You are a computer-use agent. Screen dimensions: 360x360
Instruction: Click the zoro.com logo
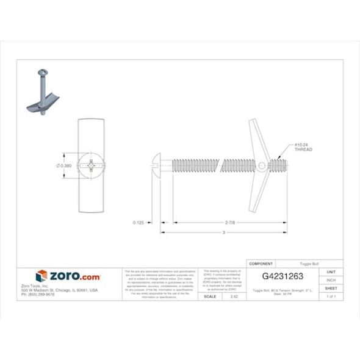point(68,276)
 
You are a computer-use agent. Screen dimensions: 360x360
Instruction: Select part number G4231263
point(283,276)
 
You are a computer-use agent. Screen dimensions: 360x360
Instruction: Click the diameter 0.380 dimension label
point(64,165)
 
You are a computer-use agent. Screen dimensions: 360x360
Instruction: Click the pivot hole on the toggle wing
point(261,165)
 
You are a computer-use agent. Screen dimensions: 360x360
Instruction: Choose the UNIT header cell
point(331,272)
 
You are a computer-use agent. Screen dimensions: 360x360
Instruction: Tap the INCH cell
point(331,280)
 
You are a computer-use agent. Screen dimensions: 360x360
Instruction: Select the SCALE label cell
point(209,296)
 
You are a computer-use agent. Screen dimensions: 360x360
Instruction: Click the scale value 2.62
point(234,296)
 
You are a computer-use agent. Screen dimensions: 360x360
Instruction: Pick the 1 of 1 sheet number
point(331,296)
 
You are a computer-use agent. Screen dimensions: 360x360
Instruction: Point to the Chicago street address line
point(67,290)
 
